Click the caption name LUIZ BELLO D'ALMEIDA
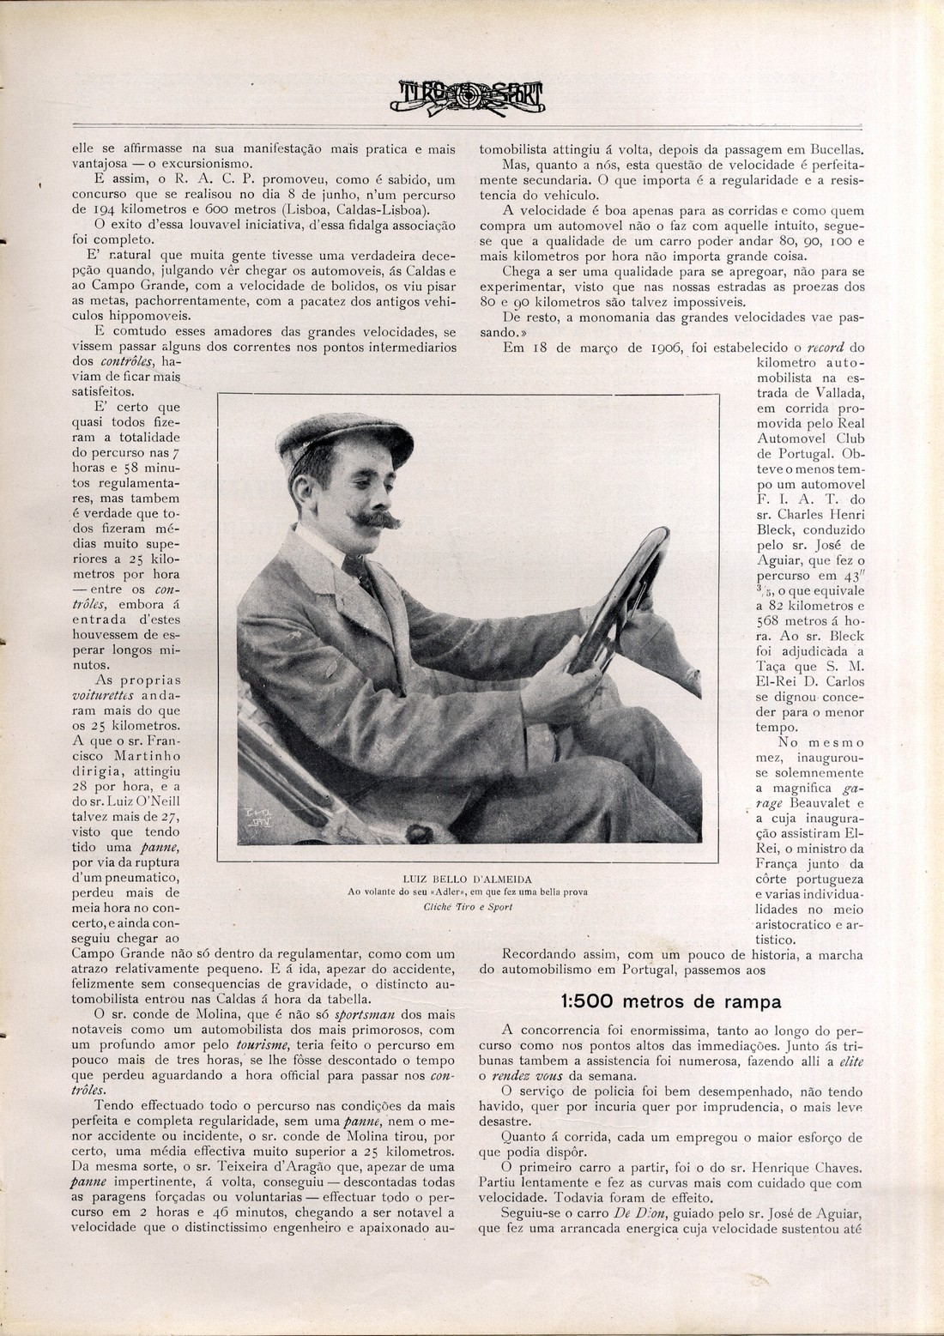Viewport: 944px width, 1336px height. click(467, 879)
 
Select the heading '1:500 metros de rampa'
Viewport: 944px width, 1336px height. click(670, 1001)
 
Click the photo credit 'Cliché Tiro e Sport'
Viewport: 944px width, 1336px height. click(467, 907)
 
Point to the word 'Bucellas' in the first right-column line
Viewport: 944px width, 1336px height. click(835, 148)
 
